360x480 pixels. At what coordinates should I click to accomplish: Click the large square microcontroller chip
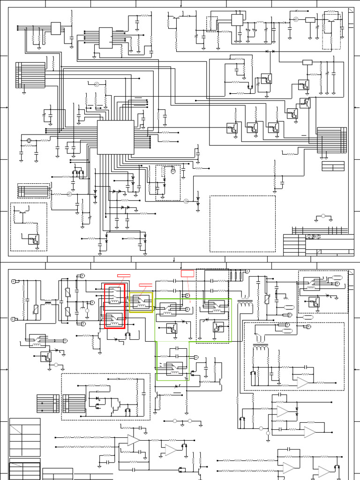coord(115,137)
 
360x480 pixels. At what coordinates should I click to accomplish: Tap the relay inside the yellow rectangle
coord(141,302)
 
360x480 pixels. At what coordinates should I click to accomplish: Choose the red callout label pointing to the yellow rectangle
coord(146,285)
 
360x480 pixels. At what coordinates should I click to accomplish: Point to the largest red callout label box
coord(187,273)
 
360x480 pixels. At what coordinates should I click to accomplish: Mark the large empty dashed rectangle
coord(242,224)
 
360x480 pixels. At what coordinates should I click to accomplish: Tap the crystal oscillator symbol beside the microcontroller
coord(29,140)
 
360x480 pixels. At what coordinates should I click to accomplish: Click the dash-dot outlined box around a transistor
coord(331,31)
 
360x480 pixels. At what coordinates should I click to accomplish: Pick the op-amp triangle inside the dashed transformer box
coord(303,382)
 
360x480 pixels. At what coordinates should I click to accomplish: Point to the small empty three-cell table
coord(333,167)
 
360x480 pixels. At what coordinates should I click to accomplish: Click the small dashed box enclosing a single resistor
coord(212,24)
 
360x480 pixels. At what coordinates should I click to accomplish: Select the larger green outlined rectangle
coord(193,320)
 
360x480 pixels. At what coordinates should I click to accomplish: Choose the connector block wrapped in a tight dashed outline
coord(33,191)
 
